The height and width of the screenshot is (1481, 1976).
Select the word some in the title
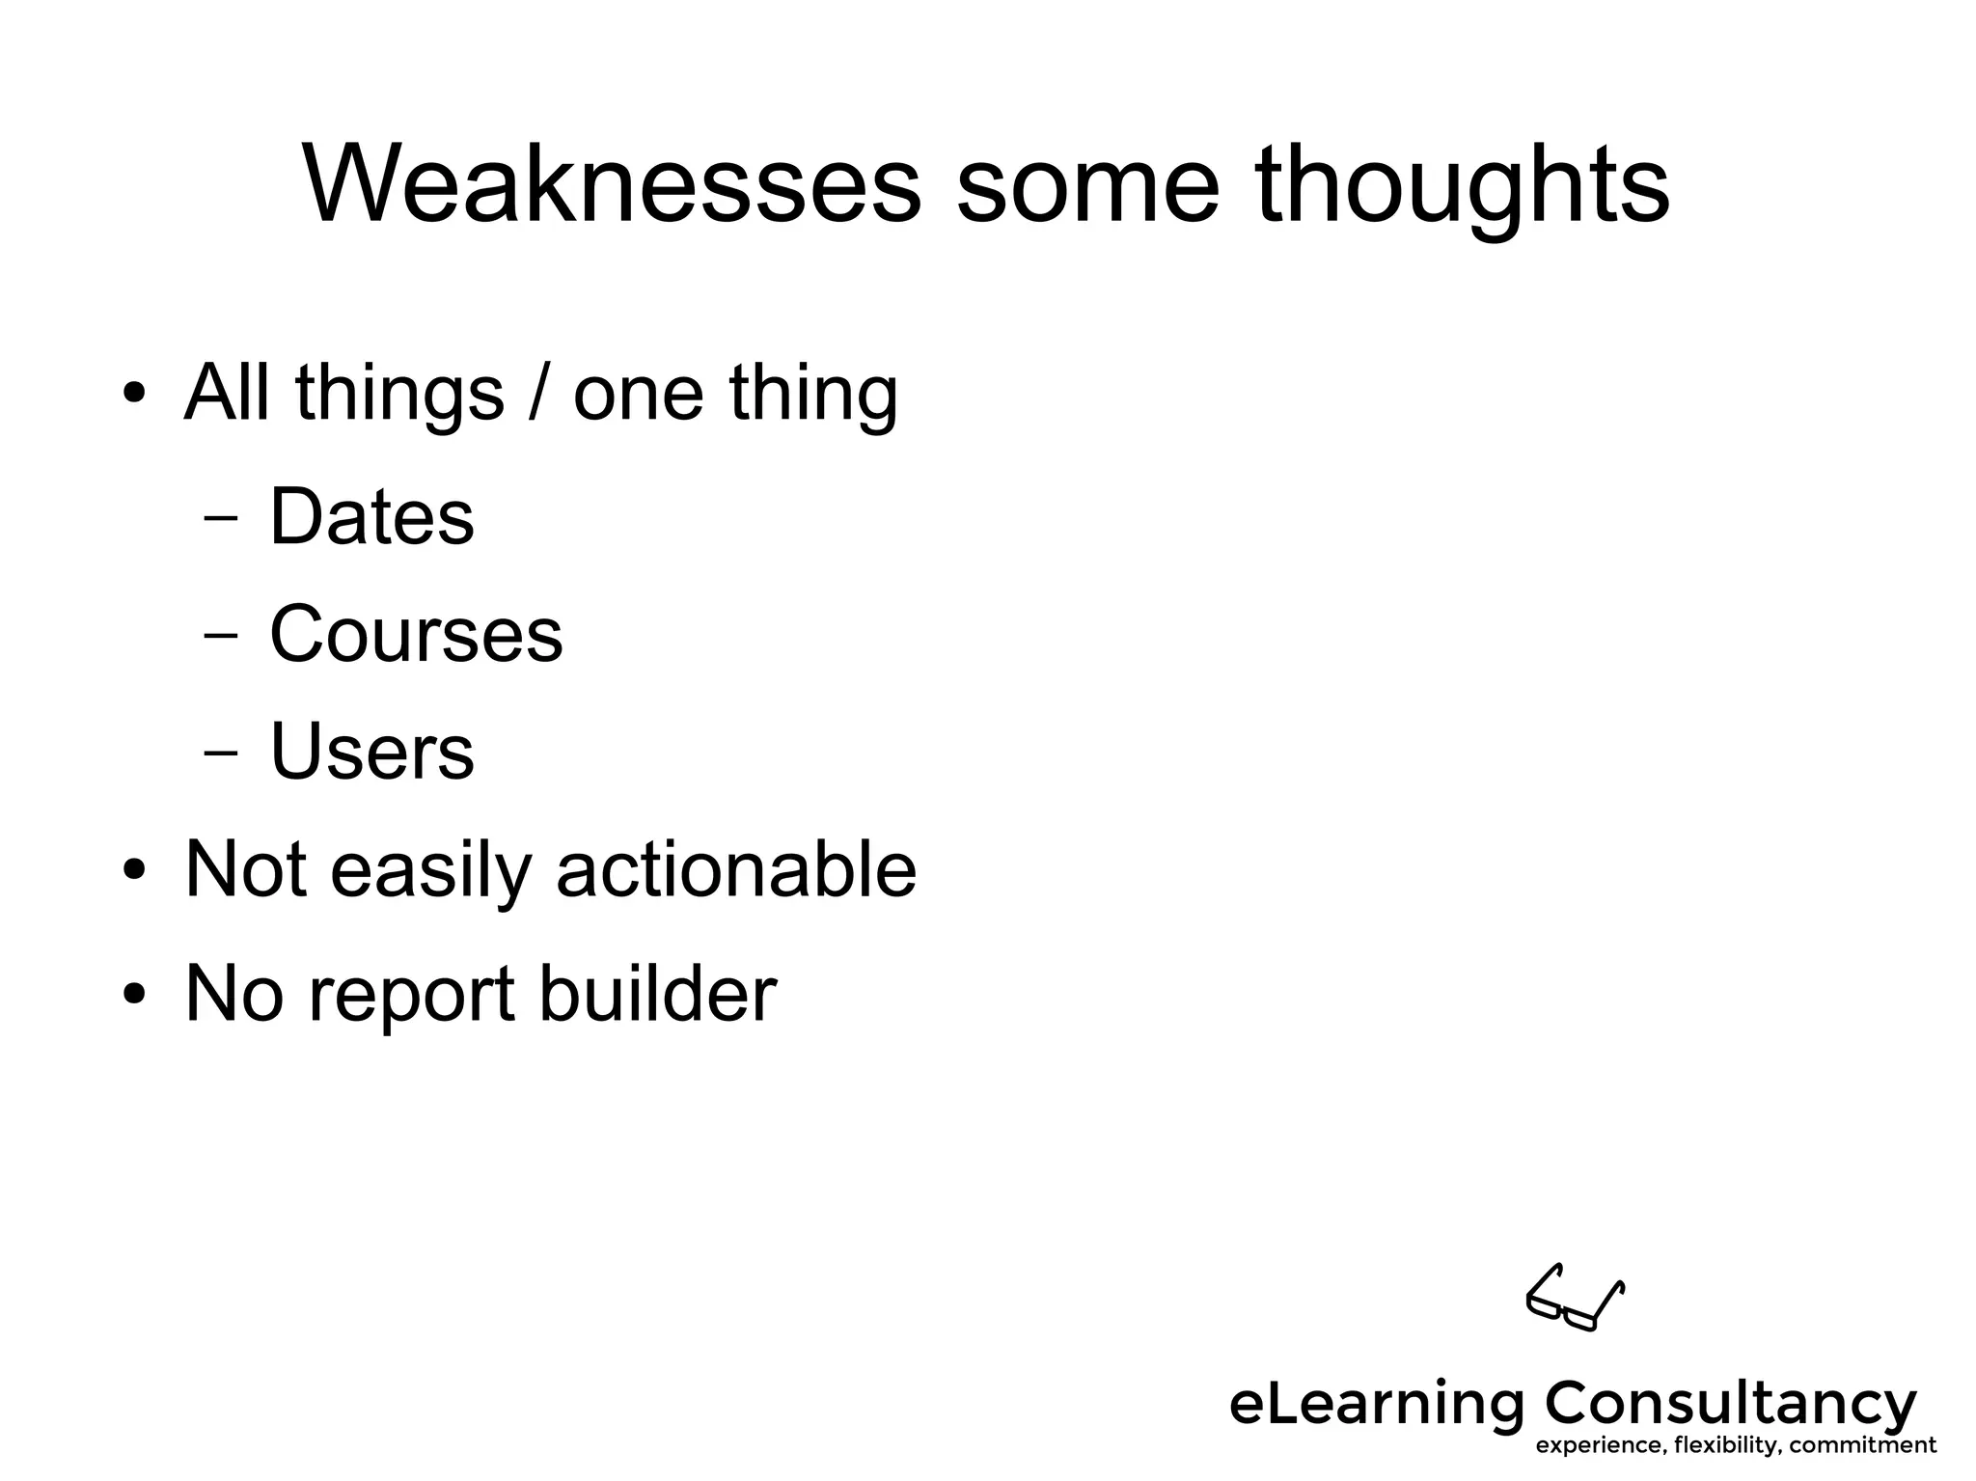tap(1087, 185)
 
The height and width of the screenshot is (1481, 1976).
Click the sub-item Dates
tap(371, 516)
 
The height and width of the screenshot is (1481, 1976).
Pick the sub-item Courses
tap(416, 634)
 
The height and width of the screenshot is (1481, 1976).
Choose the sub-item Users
tap(371, 752)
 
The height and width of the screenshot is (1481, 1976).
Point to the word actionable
tap(736, 869)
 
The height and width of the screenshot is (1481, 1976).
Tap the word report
tap(412, 996)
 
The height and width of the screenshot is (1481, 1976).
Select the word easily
tap(431, 871)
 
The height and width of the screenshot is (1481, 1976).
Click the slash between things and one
tap(538, 393)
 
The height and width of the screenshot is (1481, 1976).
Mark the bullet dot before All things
tap(134, 395)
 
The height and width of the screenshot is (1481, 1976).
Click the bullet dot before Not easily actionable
tap(134, 870)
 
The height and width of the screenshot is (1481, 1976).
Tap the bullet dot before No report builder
tap(134, 994)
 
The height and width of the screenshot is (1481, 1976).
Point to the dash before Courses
tap(221, 636)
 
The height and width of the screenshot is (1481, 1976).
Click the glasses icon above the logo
tap(1575, 1298)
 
